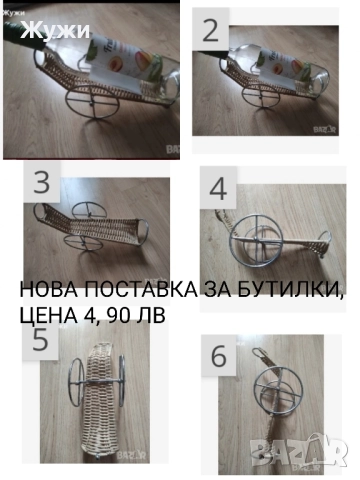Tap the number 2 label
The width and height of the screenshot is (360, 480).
tap(211, 30)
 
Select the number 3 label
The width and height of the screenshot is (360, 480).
tap(41, 183)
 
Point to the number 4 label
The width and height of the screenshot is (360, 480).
tap(219, 188)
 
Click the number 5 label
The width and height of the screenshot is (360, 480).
tap(40, 338)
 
